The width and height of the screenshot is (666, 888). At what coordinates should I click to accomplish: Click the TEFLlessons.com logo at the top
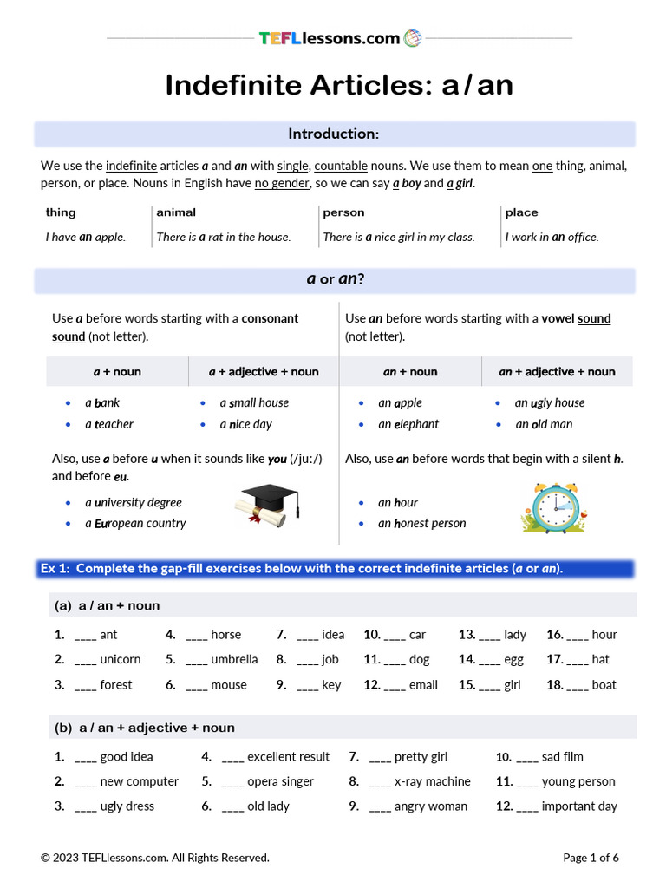339,38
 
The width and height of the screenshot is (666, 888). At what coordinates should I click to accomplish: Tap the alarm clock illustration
555,508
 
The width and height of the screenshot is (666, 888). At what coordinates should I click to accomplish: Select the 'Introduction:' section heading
333,134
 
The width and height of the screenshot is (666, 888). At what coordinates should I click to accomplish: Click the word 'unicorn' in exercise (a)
121,659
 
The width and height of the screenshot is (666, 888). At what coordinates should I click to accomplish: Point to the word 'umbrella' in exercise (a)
234,659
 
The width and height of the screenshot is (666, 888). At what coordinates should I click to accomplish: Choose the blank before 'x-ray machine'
380,781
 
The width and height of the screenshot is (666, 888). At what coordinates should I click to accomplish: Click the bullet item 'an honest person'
421,523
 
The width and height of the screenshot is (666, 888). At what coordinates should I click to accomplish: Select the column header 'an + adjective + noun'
557,371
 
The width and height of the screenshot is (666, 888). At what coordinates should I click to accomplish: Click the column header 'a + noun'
117,371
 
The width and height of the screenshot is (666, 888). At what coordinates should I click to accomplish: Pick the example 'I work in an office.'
552,237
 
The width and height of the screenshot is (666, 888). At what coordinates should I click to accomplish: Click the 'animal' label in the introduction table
176,212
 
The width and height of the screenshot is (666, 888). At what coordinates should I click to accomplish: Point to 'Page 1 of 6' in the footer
591,858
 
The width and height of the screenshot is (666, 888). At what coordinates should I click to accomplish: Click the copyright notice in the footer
155,858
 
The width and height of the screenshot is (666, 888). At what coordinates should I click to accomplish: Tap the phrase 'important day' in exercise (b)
579,806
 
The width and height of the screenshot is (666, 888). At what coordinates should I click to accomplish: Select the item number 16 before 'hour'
554,634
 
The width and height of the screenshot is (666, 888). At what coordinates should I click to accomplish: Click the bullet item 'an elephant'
408,424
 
